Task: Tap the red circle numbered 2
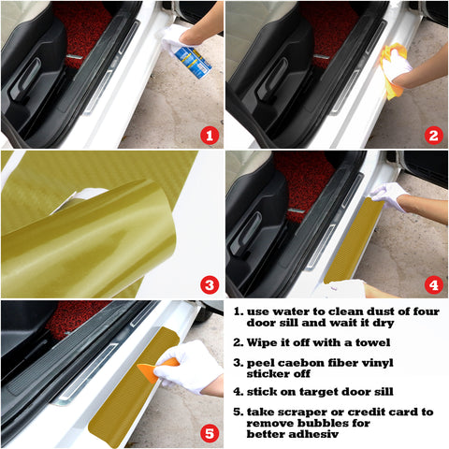[x=432, y=135]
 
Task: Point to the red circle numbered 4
[x=432, y=283]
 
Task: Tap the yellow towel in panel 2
[x=392, y=72]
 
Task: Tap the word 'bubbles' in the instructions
[x=323, y=423]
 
